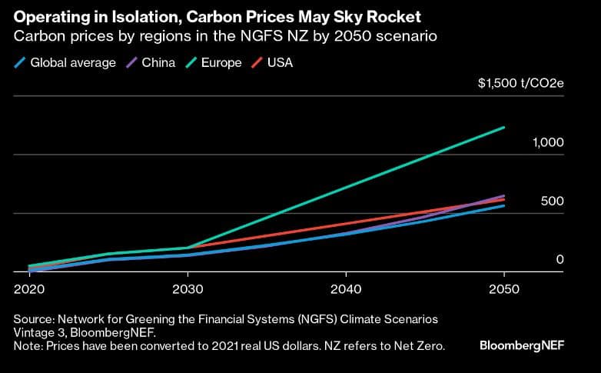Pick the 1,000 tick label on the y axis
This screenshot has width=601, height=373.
(548, 143)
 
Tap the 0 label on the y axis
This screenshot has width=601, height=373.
(560, 260)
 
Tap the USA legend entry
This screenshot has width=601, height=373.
(279, 62)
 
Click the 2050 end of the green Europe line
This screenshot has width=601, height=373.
(503, 128)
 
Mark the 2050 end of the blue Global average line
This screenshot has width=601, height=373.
(503, 205)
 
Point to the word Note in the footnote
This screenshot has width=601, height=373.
(28, 346)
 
